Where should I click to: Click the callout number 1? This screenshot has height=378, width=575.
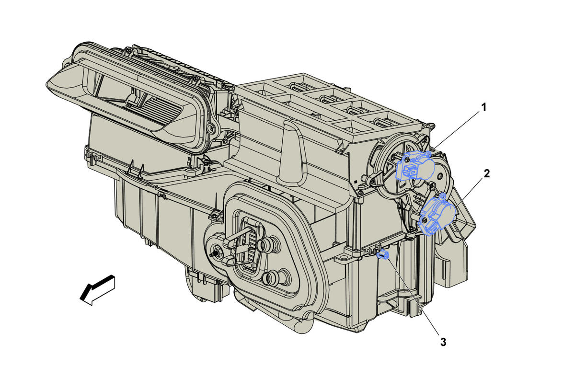[x=483, y=107]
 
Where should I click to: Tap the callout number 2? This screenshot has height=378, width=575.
[x=487, y=174]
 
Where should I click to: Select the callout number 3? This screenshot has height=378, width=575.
[x=443, y=342]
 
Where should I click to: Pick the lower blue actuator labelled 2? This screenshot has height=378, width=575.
[x=437, y=215]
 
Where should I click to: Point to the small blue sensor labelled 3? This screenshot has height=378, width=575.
[x=384, y=254]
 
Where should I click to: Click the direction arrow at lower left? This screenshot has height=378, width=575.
[x=98, y=290]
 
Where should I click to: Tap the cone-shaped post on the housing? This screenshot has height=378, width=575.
[x=293, y=153]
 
